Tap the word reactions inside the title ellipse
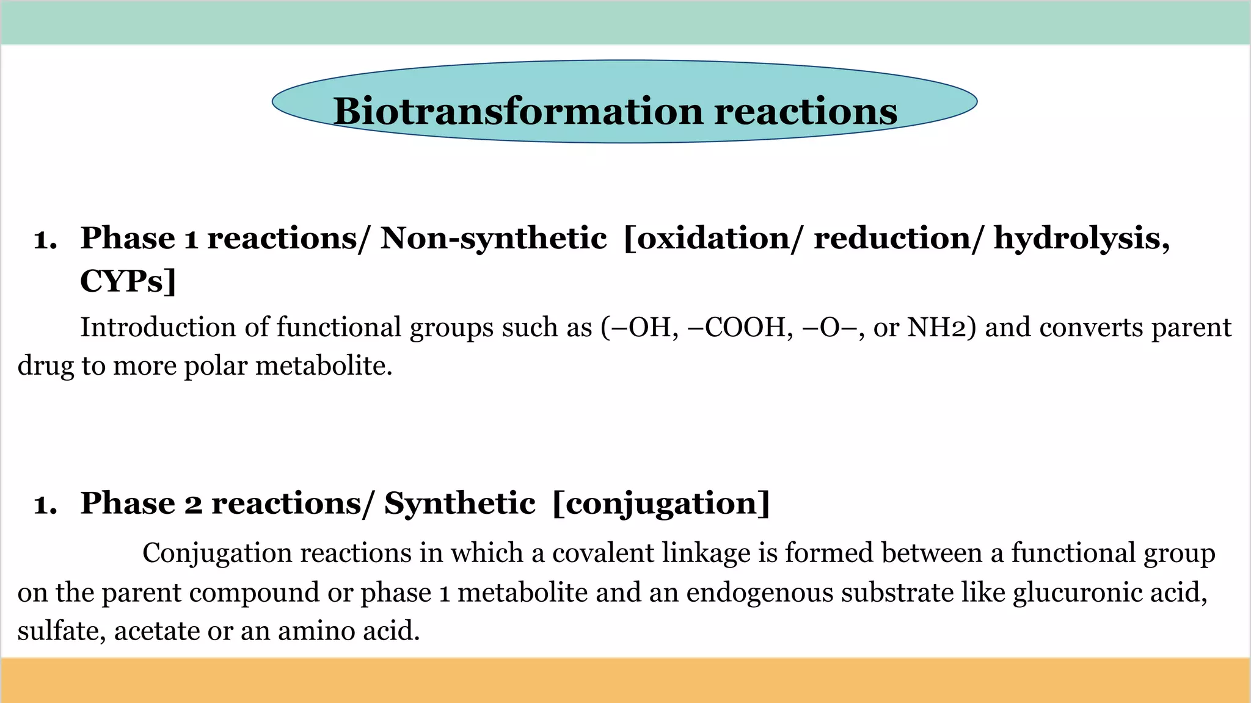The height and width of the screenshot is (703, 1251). (x=806, y=112)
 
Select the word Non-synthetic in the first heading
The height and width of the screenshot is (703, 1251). (x=494, y=238)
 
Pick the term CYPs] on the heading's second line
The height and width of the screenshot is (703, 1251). (x=128, y=281)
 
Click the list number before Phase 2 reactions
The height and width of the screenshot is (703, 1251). (x=45, y=505)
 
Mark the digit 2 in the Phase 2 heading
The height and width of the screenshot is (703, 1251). (x=193, y=505)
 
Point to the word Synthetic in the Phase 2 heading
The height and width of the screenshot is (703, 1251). (x=459, y=503)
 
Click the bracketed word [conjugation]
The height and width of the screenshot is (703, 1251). (x=661, y=505)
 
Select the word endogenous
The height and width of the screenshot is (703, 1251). (x=760, y=593)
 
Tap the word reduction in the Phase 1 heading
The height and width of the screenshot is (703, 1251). (x=894, y=238)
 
